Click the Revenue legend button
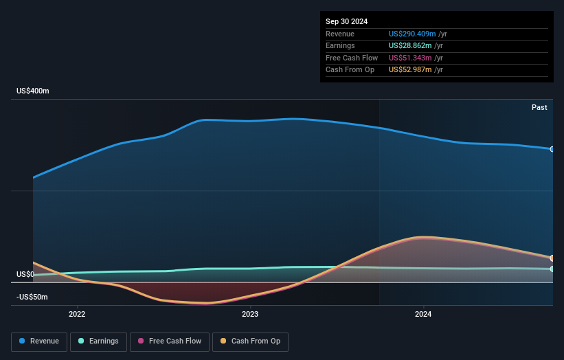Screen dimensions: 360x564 pyautogui.click(x=39, y=341)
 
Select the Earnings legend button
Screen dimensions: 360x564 pyautogui.click(x=98, y=341)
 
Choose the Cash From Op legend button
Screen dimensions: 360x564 pyautogui.click(x=250, y=341)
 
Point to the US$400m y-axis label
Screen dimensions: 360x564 pyautogui.click(x=33, y=91)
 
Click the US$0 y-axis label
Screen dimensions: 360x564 pyautogui.click(x=25, y=274)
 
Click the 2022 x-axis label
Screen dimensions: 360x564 pyautogui.click(x=77, y=314)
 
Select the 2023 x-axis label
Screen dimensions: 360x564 pyautogui.click(x=250, y=314)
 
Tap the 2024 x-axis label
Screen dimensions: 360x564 pyautogui.click(x=423, y=314)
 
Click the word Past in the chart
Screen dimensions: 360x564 pyautogui.click(x=539, y=107)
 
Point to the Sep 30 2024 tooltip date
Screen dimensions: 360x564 pyautogui.click(x=346, y=21)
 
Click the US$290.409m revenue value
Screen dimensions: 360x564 pyautogui.click(x=411, y=34)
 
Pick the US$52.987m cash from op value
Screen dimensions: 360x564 pyautogui.click(x=410, y=70)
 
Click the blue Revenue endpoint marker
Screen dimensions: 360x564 pyautogui.click(x=552, y=149)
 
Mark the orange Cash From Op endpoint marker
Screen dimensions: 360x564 pyautogui.click(x=552, y=258)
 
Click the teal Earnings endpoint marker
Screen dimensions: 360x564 pyautogui.click(x=552, y=269)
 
